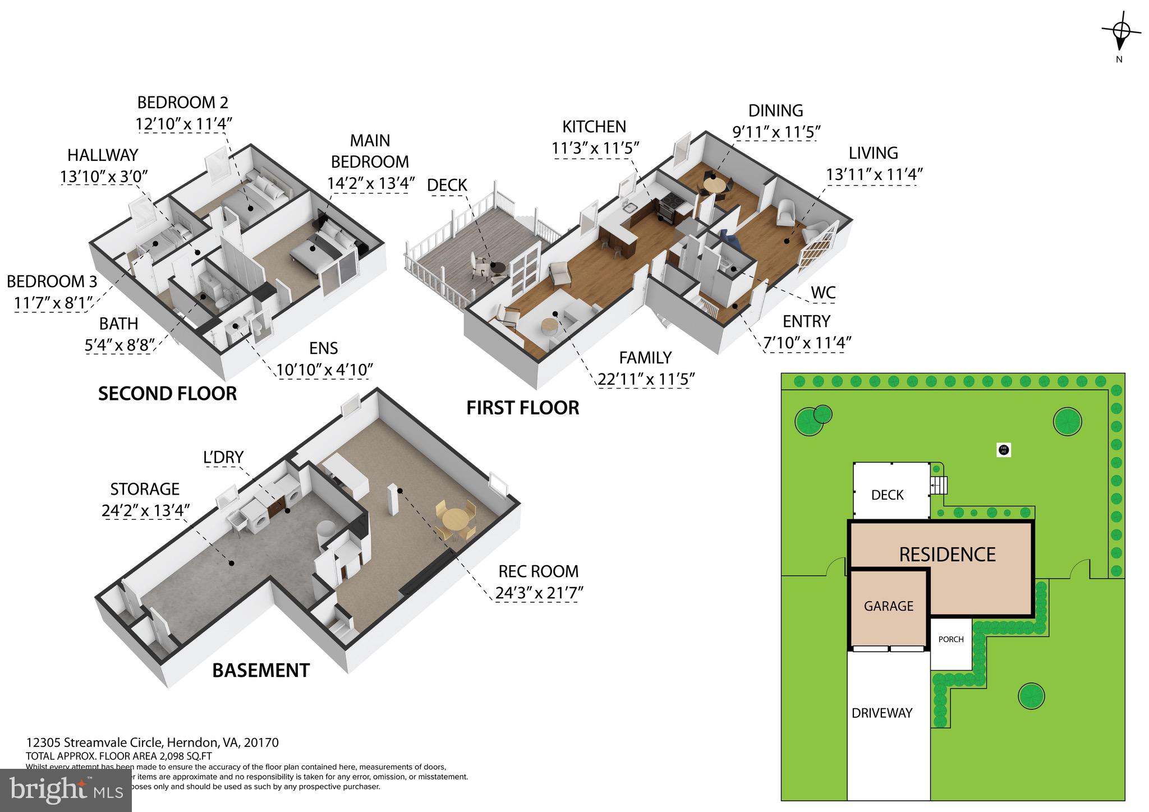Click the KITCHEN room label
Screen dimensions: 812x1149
[594, 127]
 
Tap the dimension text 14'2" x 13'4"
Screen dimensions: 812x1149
[370, 183]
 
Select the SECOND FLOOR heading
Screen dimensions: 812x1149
[167, 394]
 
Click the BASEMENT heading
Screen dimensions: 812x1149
[261, 670]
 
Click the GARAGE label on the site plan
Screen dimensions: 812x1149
[888, 606]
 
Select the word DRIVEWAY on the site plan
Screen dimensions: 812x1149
[882, 713]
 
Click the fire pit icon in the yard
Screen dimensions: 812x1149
[1004, 449]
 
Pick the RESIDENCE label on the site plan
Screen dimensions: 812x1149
[947, 554]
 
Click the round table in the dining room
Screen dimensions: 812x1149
[714, 184]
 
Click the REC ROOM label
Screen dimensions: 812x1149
[538, 571]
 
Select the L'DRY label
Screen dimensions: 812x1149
[223, 457]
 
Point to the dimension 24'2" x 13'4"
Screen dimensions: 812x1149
[145, 511]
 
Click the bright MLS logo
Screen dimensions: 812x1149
[66, 790]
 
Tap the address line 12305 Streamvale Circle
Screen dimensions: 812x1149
[152, 742]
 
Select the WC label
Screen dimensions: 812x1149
[823, 292]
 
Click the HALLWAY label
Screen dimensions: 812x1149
[103, 155]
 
